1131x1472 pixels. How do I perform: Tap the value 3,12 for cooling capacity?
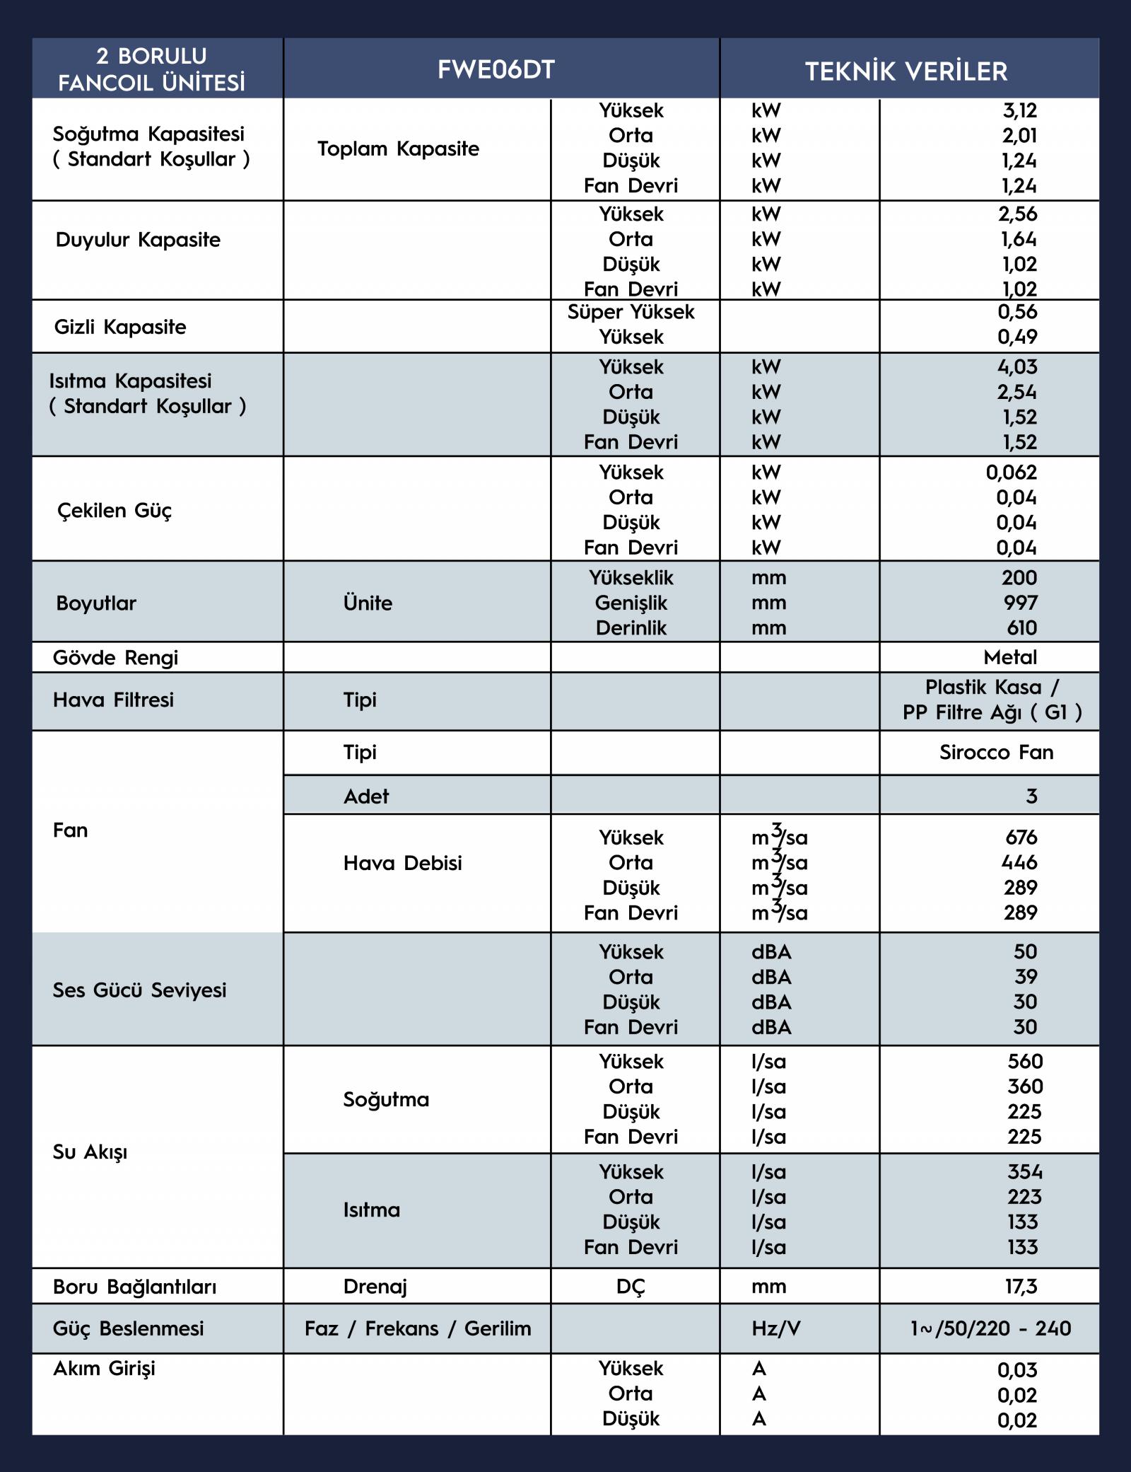tap(1019, 110)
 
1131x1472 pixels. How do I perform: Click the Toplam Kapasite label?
tap(398, 149)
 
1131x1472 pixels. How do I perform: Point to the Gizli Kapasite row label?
tap(120, 327)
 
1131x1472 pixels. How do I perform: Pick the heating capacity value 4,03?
tap(1018, 367)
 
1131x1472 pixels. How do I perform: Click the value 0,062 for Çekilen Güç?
tap(1012, 473)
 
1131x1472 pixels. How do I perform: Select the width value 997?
tap(1019, 603)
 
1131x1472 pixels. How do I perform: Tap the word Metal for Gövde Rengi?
tap(1010, 657)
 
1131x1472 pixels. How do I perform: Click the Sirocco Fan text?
tap(996, 752)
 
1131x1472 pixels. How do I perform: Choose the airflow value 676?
tap(1021, 838)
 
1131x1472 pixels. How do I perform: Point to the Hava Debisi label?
tap(402, 863)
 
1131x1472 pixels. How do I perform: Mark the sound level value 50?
tap(1025, 951)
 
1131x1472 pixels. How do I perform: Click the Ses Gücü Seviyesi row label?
tap(139, 990)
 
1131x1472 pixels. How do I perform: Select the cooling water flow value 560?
tap(1025, 1061)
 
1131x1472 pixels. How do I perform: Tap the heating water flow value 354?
tap(1025, 1172)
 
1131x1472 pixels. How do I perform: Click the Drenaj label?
tap(375, 1286)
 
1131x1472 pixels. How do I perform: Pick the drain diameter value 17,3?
tap(1021, 1286)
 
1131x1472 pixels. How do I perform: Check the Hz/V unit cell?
tap(775, 1328)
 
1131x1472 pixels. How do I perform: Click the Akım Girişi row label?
tap(104, 1368)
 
